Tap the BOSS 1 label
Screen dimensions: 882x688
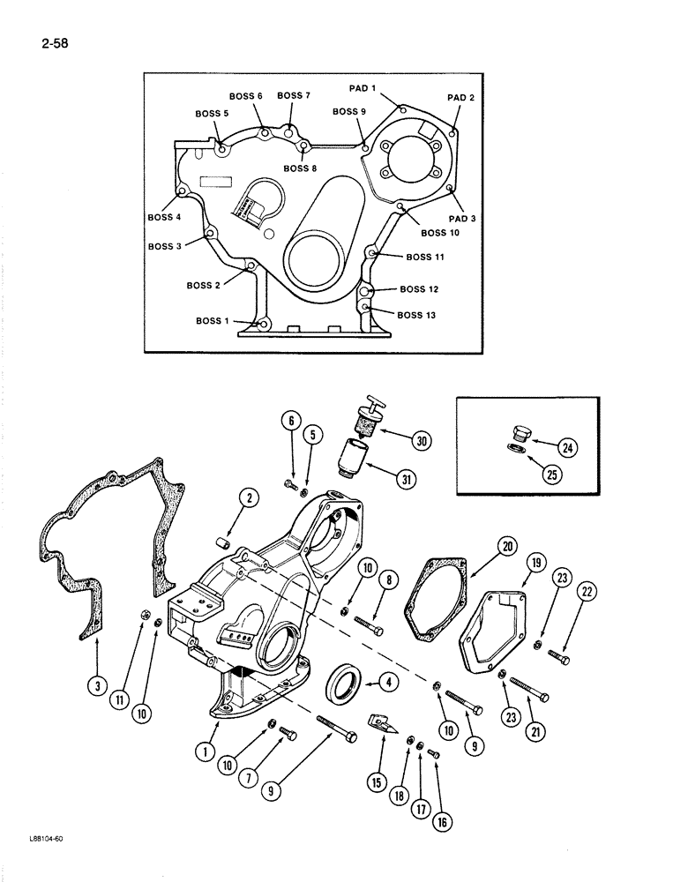coord(213,321)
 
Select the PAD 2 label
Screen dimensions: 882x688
coord(460,98)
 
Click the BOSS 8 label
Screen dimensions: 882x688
coord(300,168)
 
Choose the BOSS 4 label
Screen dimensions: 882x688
coord(164,217)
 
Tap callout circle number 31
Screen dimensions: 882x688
coord(407,480)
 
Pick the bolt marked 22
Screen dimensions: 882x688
coord(556,654)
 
